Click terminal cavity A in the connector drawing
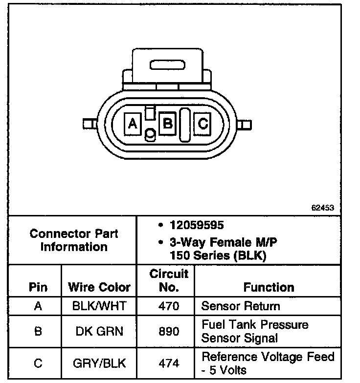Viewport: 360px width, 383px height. [132, 124]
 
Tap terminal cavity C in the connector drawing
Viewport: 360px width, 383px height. [202, 124]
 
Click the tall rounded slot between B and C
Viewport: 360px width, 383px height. [185, 125]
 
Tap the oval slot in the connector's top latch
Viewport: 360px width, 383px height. [169, 66]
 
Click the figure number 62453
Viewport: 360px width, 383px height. [322, 207]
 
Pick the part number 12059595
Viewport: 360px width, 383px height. [196, 225]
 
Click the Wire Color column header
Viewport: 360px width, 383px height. [99, 287]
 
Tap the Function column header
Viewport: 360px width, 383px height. [269, 287]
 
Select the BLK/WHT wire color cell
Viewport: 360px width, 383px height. [99, 307]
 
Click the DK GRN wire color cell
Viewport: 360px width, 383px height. [99, 331]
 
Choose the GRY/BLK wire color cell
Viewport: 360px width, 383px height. [99, 363]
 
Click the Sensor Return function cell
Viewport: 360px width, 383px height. [241, 307]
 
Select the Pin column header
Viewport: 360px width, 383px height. [38, 287]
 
